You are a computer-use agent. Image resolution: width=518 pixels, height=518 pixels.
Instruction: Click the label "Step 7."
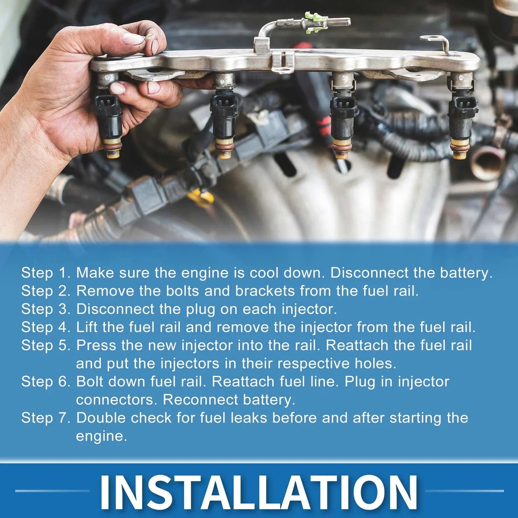point(46,418)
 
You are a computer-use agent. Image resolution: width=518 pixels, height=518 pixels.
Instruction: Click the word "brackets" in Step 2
point(265,291)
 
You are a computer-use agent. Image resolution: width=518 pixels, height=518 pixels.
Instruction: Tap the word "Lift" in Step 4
point(86,327)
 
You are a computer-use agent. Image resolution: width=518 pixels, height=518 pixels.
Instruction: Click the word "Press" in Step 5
point(96,345)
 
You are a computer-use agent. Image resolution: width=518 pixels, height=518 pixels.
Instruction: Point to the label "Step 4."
point(46,327)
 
